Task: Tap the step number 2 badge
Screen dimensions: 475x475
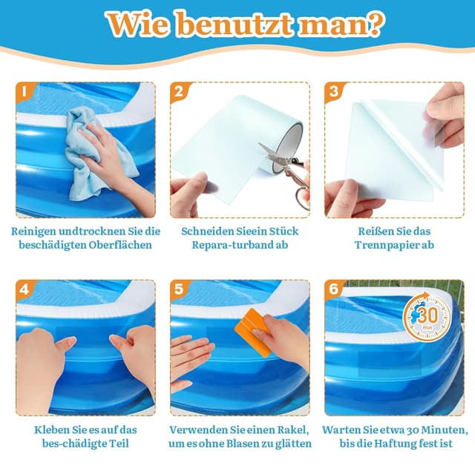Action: pyautogui.click(x=179, y=92)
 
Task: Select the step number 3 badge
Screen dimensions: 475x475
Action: pyautogui.click(x=333, y=92)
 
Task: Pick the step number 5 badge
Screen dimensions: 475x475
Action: pyautogui.click(x=179, y=289)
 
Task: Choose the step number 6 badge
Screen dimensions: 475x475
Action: pyautogui.click(x=333, y=289)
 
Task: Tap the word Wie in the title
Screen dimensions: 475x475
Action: pyautogui.click(x=134, y=24)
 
